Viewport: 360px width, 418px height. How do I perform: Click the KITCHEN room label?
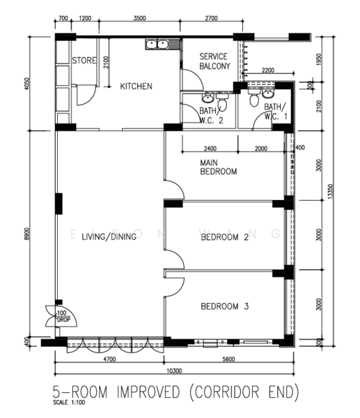pyautogui.click(x=136, y=86)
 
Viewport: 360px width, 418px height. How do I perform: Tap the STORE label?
pyautogui.click(x=84, y=61)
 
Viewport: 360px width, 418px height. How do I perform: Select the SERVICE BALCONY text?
pyautogui.click(x=214, y=61)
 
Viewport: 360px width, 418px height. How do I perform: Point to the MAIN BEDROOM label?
pyautogui.click(x=219, y=167)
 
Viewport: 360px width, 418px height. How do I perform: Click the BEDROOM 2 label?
pyautogui.click(x=225, y=237)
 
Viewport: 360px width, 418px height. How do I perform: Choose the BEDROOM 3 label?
pyautogui.click(x=225, y=307)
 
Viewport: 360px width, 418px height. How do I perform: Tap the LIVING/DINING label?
pyautogui.click(x=109, y=237)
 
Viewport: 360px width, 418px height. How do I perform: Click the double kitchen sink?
pyautogui.click(x=157, y=45)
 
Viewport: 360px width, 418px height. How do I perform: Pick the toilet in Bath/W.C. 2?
pyautogui.click(x=221, y=103)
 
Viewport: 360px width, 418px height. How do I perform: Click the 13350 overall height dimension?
pyautogui.click(x=331, y=192)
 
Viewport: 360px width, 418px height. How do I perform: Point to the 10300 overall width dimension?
pyautogui.click(x=174, y=371)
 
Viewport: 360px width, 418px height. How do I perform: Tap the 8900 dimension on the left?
pyautogui.click(x=27, y=234)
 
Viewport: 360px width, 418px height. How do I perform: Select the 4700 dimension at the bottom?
pyautogui.click(x=109, y=359)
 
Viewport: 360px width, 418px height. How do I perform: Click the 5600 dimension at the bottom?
pyautogui.click(x=228, y=359)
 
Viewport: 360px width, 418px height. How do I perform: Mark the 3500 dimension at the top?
pyautogui.click(x=140, y=18)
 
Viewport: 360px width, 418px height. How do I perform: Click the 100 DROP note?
pyautogui.click(x=63, y=316)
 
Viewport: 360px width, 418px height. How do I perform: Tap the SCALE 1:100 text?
pyautogui.click(x=69, y=402)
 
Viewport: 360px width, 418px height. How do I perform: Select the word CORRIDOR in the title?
pyautogui.click(x=227, y=392)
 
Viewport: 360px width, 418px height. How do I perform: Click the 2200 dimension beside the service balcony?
pyautogui.click(x=268, y=70)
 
